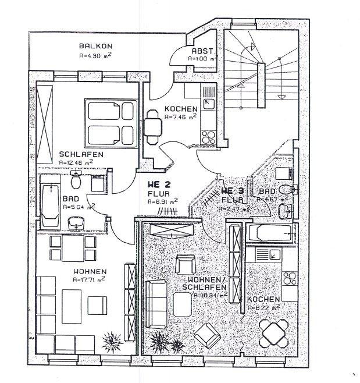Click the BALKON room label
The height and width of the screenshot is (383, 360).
95,46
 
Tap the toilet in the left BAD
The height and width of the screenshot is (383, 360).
75,182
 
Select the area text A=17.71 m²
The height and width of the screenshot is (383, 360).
90,280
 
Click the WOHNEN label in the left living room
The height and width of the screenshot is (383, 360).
89,271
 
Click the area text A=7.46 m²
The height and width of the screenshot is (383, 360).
181,117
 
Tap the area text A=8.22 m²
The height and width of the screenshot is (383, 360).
263,307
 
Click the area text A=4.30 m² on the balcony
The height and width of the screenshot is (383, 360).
95,56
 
